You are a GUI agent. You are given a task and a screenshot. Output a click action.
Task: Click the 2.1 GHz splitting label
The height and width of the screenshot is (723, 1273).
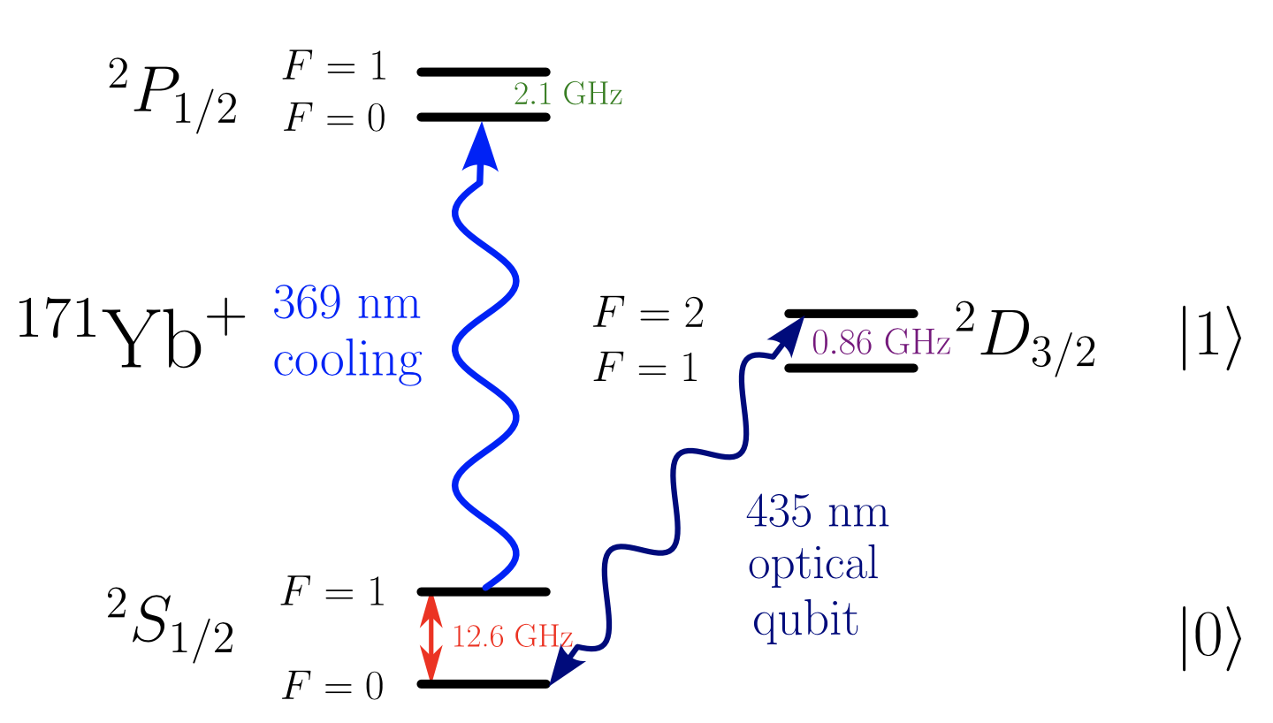coord(568,94)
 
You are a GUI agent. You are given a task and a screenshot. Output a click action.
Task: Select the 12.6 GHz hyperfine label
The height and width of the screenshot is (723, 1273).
coord(513,636)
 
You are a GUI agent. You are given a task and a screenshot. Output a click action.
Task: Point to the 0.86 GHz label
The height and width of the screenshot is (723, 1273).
coord(880,343)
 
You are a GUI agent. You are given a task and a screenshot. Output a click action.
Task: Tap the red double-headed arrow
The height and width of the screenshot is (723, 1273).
coord(431,637)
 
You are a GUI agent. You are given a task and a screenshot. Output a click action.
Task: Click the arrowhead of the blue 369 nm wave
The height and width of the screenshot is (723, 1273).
coord(482,146)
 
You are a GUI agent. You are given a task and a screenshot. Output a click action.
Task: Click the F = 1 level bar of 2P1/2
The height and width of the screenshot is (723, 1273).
coord(484,71)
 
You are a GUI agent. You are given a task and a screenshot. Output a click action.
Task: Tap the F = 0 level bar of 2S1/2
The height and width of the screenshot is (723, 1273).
coord(484,683)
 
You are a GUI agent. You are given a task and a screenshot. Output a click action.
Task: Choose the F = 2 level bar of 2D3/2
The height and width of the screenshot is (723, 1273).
coord(851,314)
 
